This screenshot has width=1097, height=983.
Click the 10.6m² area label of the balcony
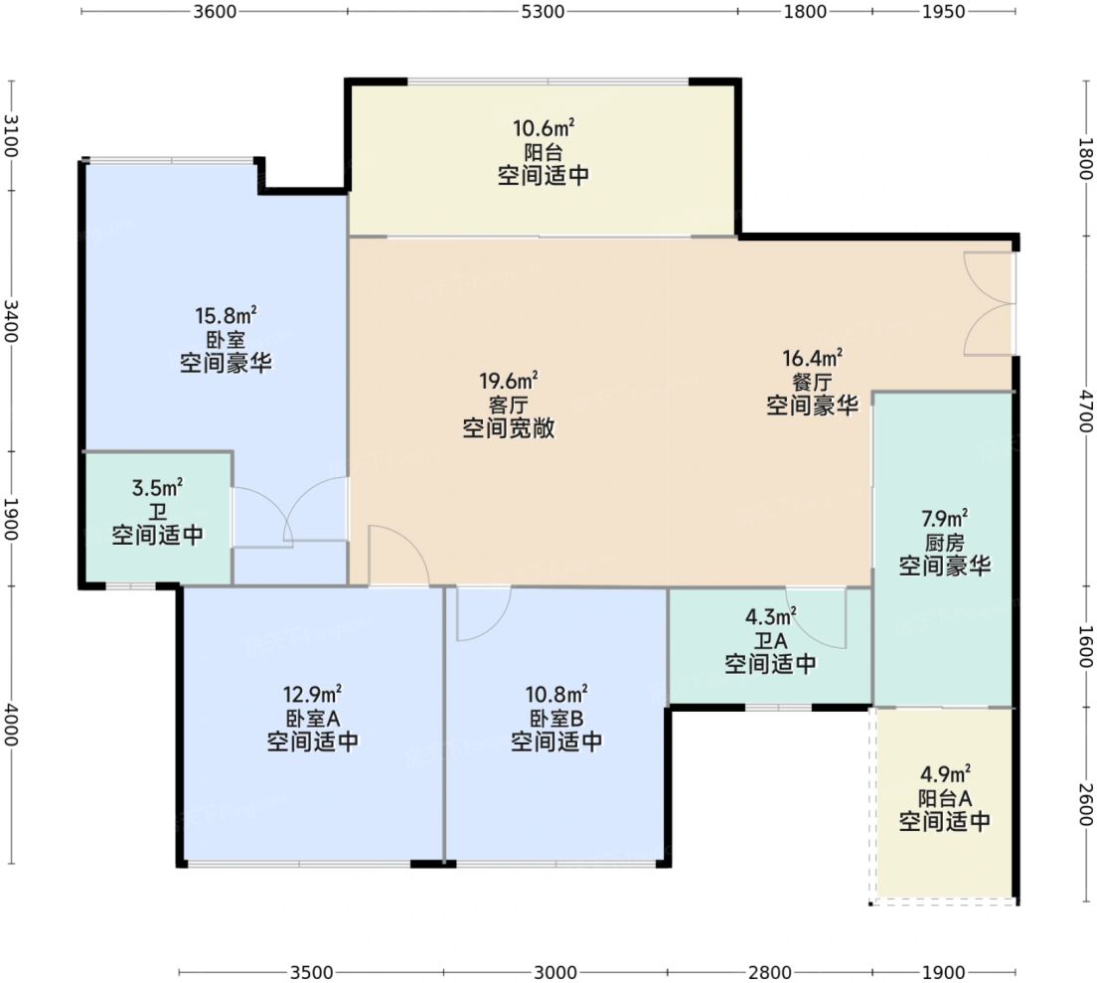click(543, 129)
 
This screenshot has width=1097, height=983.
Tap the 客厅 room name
click(508, 405)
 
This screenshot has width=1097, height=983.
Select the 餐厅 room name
click(812, 382)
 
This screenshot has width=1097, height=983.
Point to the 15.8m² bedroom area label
click(226, 316)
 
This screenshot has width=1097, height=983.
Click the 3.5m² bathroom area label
click(157, 487)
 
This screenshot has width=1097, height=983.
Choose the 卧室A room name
click(312, 718)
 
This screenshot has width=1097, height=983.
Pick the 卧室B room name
click(556, 718)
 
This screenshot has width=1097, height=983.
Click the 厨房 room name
click(944, 543)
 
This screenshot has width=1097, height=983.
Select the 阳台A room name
click(944, 797)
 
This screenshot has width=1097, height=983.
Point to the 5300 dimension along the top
click(542, 12)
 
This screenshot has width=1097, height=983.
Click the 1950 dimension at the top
click(943, 12)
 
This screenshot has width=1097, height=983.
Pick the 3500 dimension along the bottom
click(310, 971)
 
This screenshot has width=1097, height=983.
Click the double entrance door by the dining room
click(990, 303)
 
